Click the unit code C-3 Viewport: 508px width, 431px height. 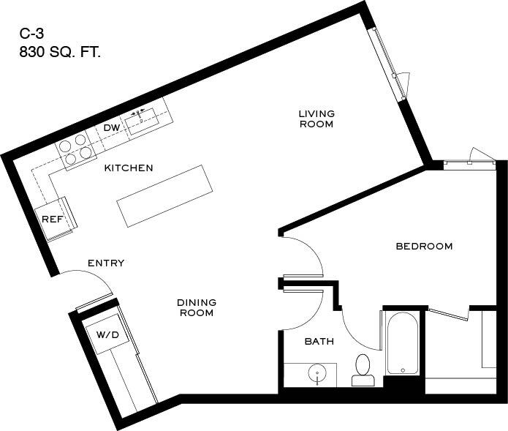tap(33, 34)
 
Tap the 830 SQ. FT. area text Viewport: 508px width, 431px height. tap(60, 52)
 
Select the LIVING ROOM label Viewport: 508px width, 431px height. tap(316, 119)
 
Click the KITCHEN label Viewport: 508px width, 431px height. tap(129, 168)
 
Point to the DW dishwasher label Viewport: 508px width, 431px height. tap(111, 128)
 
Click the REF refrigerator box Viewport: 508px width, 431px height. tap(52, 220)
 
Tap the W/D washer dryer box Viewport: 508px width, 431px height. tap(107, 334)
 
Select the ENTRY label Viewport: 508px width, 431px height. tap(106, 263)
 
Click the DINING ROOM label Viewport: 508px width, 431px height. tap(197, 307)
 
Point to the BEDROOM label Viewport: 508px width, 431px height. tap(424, 247)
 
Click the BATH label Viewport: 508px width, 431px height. tap(319, 341)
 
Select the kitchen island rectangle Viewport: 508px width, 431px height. tap(162, 195)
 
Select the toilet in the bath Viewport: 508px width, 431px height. tap(363, 370)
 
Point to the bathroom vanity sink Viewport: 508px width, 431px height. tap(316, 375)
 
